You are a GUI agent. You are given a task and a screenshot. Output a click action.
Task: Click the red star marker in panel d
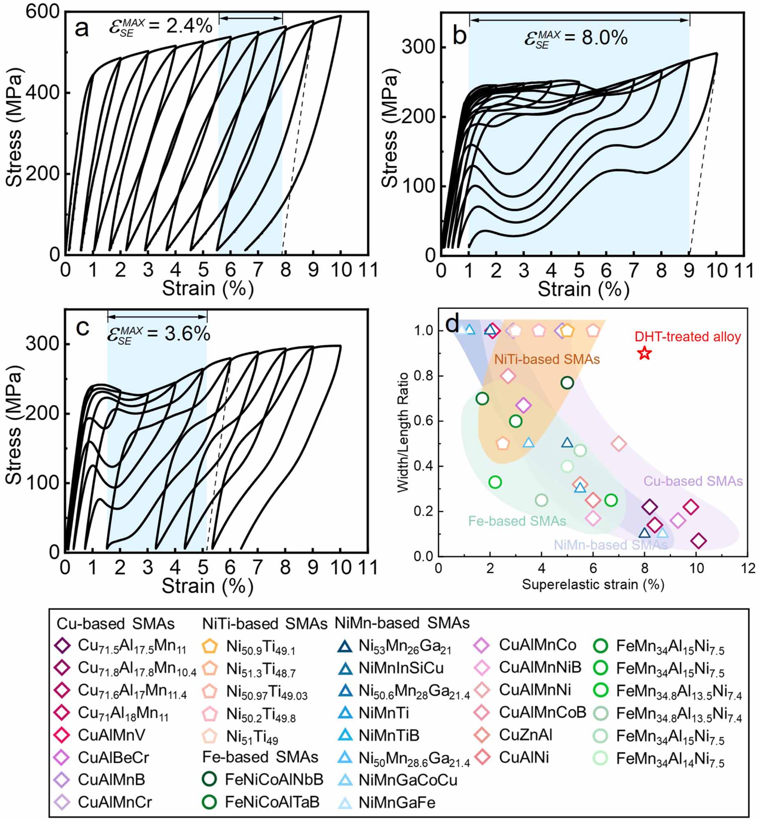[x=645, y=353]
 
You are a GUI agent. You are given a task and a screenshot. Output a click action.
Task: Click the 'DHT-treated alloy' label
[x=688, y=337]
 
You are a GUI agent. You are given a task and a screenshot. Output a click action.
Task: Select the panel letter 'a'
[x=82, y=29]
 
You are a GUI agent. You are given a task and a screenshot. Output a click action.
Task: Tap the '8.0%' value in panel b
[x=605, y=38]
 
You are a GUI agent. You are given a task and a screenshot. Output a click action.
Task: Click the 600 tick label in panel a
[x=43, y=11]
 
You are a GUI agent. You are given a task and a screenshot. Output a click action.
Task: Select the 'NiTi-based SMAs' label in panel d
[x=546, y=360]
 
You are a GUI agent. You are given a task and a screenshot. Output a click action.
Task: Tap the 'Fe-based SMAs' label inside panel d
[x=517, y=521]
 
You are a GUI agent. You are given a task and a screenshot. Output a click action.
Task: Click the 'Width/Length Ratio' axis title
[x=403, y=432]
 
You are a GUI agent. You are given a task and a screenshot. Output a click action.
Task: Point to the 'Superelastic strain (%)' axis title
[x=593, y=584]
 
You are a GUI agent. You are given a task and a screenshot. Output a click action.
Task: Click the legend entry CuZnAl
[x=525, y=735]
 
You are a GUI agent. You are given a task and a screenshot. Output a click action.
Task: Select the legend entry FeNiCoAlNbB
[x=274, y=779]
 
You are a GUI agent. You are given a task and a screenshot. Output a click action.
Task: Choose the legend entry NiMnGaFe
[x=397, y=803]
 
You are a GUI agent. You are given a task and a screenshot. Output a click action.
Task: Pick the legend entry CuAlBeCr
[x=113, y=757]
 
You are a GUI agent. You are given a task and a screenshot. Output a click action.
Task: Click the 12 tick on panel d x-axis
[x=748, y=568]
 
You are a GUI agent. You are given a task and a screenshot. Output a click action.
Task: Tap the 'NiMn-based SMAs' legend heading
[x=402, y=623]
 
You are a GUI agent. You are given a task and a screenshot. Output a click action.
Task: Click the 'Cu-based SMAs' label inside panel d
[x=693, y=481]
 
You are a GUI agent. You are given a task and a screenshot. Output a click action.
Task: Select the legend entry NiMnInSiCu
[x=401, y=668]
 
